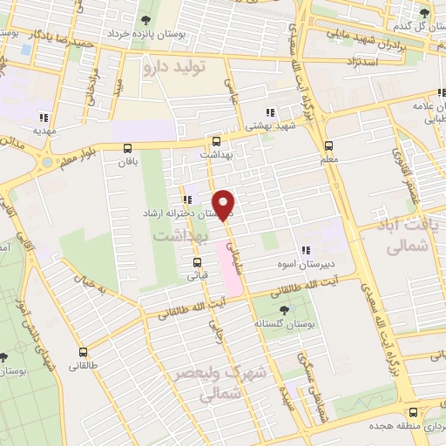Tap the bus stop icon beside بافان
[128, 148]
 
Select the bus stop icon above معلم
[328, 145]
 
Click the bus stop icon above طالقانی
[83, 353]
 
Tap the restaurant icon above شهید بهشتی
[270, 111]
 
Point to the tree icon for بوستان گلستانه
[282, 309]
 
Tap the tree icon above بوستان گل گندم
[424, 13]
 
